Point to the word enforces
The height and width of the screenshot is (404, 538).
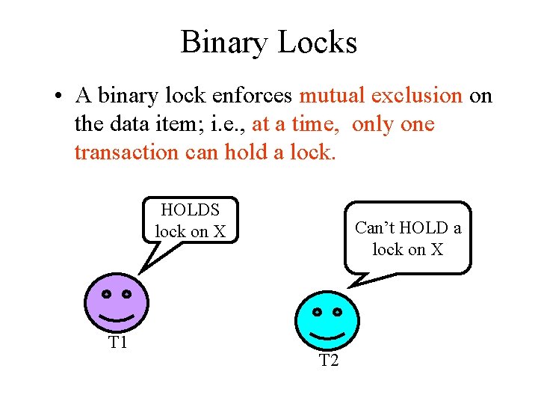pyautogui.click(x=255, y=97)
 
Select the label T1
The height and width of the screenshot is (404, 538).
pyautogui.click(x=117, y=343)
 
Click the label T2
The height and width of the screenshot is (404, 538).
pyautogui.click(x=329, y=361)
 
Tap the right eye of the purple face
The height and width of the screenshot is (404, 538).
pyautogui.click(x=126, y=294)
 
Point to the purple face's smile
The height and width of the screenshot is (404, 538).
pyautogui.click(x=117, y=319)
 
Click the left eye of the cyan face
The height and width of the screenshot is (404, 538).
pyautogui.click(x=317, y=310)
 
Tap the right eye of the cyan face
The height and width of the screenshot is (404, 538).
pyautogui.click(x=337, y=310)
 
